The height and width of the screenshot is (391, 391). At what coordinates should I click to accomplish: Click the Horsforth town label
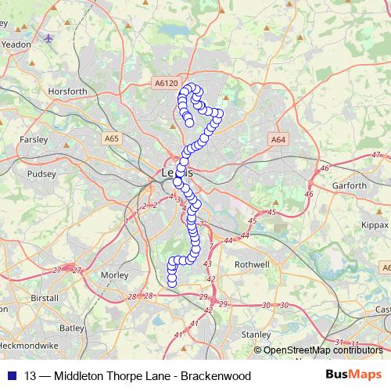pyautogui.click(x=67, y=91)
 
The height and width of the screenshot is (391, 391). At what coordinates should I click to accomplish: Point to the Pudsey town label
pyautogui.click(x=41, y=176)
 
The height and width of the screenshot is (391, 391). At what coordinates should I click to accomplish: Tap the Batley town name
pyautogui.click(x=71, y=328)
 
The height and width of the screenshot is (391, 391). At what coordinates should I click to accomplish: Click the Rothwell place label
pyautogui.click(x=252, y=264)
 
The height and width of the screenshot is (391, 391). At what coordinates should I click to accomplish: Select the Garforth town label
pyautogui.click(x=350, y=186)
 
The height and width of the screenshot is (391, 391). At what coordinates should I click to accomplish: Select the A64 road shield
pyautogui.click(x=278, y=138)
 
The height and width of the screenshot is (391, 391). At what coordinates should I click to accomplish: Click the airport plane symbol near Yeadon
pyautogui.click(x=48, y=38)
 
